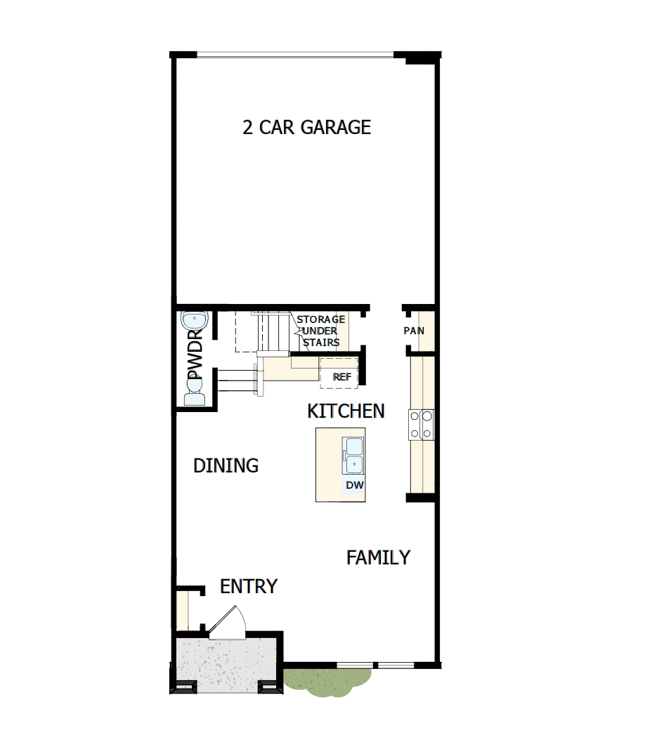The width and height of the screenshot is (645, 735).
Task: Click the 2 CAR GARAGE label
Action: tap(306, 127)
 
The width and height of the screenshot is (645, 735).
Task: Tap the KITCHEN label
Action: tap(346, 411)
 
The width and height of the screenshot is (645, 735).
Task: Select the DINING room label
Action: tap(226, 465)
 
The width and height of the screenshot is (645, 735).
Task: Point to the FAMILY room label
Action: tap(378, 557)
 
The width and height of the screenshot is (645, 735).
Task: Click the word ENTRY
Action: tap(249, 586)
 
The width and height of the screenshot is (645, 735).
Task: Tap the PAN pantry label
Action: tap(414, 331)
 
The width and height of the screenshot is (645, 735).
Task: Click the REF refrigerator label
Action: tap(342, 377)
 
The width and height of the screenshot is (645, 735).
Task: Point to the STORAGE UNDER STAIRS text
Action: tap(320, 331)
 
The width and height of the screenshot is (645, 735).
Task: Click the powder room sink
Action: tap(193, 321)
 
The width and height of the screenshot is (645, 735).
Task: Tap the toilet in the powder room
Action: tap(194, 395)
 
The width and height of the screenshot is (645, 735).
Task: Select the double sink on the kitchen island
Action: tap(353, 456)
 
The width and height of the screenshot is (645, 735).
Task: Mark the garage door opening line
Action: tap(295, 55)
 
